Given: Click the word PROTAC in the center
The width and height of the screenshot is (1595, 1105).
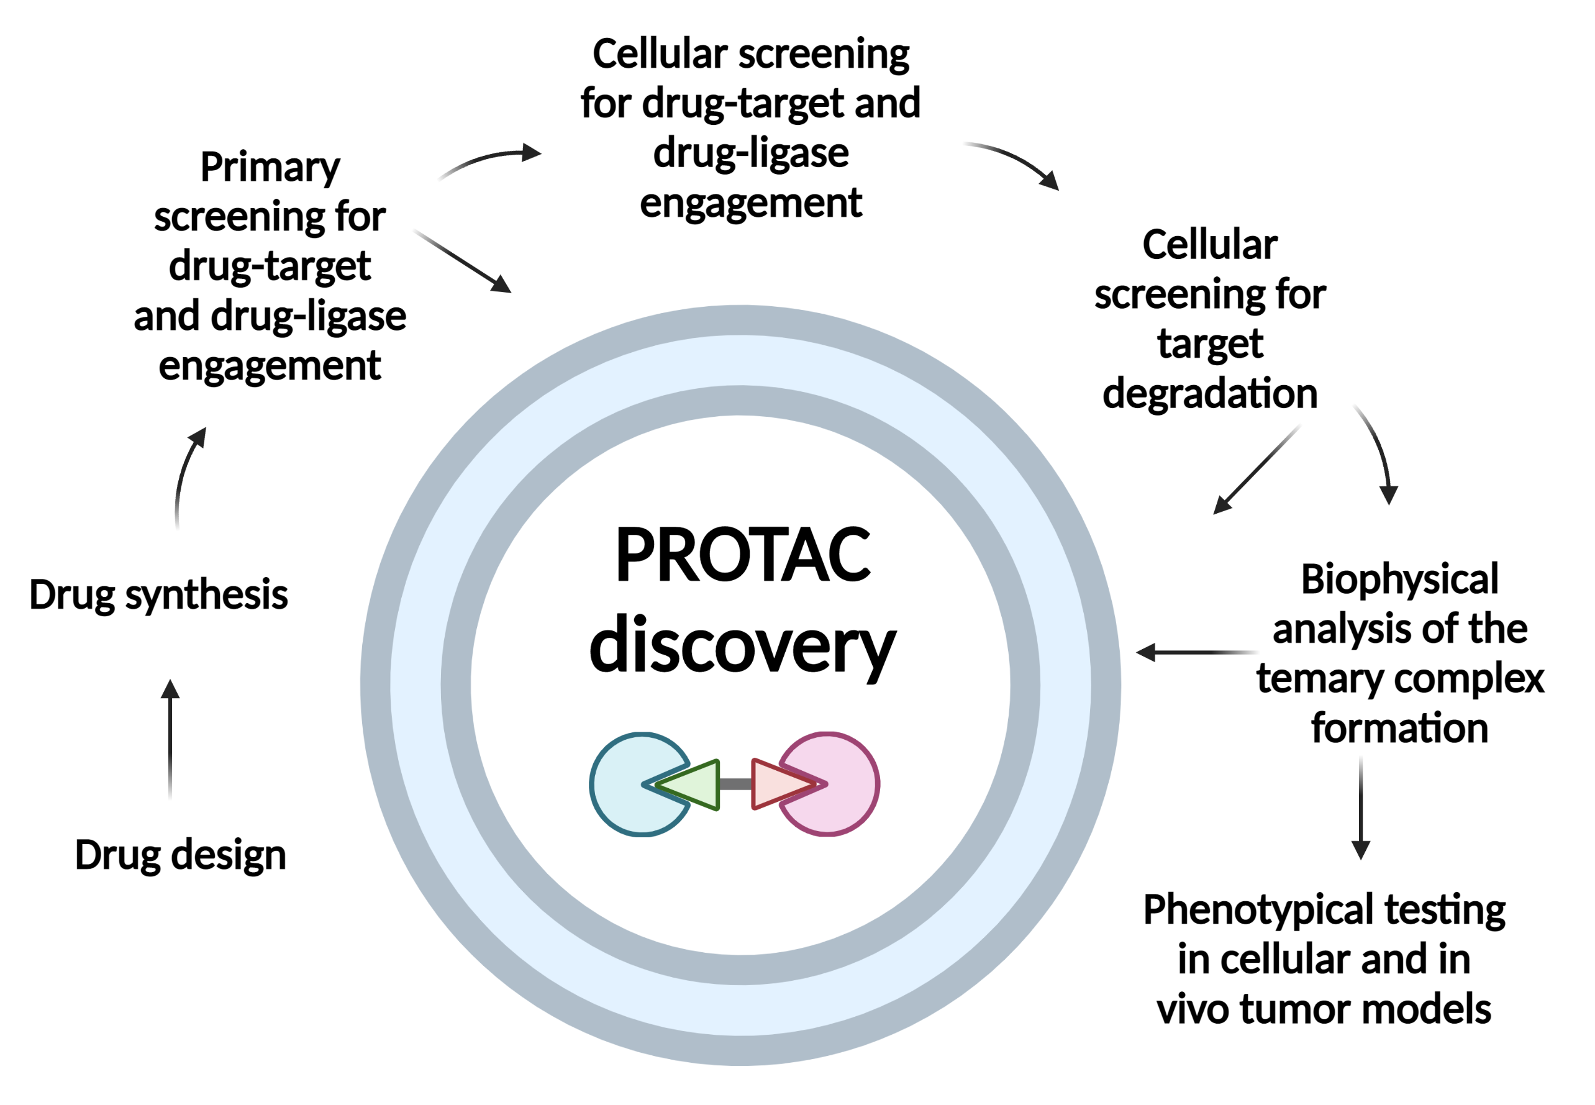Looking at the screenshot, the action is pos(743,555).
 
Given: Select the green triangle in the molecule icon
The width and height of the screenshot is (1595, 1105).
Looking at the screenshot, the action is pos(688,784).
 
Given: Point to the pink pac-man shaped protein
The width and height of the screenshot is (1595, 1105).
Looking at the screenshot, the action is pos(841,784).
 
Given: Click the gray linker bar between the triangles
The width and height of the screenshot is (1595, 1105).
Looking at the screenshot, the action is pos(736,784).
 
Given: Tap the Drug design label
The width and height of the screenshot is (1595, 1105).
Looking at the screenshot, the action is pos(180,857).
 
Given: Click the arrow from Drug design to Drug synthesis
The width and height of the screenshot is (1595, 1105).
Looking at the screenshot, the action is pos(170,739).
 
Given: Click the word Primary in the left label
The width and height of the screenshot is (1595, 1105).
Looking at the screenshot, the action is pos(270,168).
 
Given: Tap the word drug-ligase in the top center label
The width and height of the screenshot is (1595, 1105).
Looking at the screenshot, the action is pos(751,153).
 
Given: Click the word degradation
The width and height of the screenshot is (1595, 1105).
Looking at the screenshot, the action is pos(1210,394).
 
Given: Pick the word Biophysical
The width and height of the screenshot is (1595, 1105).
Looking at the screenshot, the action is pos(1400,580).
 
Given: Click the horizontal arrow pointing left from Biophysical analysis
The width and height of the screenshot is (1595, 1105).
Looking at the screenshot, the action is pos(1197,652).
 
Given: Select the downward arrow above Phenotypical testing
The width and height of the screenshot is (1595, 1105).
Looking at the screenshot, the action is pos(1361,808).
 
